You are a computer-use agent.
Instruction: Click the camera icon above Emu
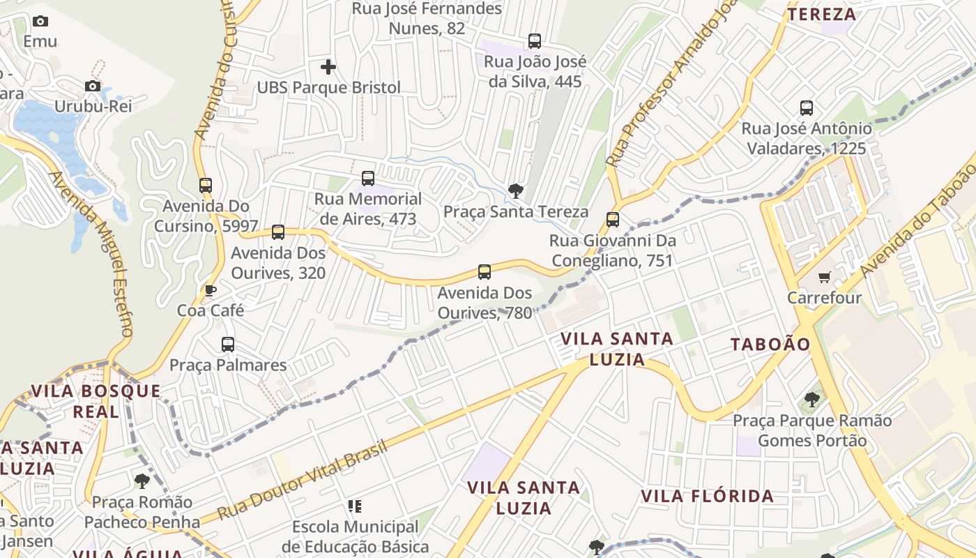coord(40,22)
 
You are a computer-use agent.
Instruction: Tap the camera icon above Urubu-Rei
coord(92,86)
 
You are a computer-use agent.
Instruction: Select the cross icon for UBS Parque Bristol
coord(328,67)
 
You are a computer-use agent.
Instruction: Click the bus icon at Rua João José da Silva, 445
coord(535,41)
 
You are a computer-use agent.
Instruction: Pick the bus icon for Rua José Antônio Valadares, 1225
coord(807,108)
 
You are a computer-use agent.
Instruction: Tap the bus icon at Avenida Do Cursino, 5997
coord(206,186)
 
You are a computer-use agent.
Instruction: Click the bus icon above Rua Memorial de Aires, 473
coord(368,179)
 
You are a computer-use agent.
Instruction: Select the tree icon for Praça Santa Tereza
coord(516,190)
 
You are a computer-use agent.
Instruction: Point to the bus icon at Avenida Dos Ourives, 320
coord(278,232)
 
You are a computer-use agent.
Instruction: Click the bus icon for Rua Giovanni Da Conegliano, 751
coord(613,220)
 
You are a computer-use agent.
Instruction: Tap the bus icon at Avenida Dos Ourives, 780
coord(485,272)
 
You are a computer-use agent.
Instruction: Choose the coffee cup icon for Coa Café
coord(211,290)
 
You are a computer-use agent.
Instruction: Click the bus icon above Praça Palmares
coord(228,344)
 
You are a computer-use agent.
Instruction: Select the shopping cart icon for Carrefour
coord(825,278)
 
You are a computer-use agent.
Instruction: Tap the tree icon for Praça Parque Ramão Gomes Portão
coord(811,400)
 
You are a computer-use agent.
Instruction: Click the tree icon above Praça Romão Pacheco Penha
coord(142,481)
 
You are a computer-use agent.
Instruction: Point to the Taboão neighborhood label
coord(770,344)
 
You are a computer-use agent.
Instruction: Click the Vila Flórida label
coord(707,497)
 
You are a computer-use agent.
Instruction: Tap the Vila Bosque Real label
coord(96,401)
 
